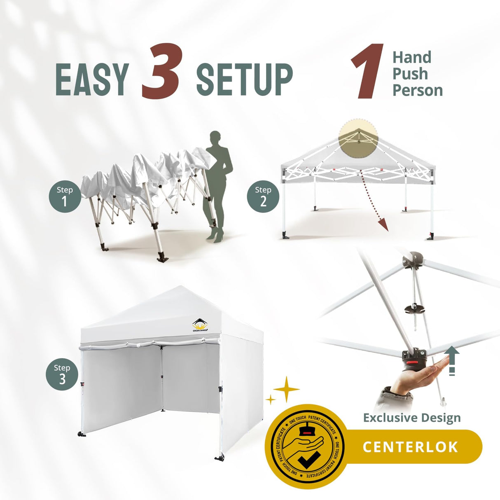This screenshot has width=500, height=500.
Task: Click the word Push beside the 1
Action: (410, 74)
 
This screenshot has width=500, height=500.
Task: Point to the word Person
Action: (417, 91)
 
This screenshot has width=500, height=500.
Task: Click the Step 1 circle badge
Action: (64, 196)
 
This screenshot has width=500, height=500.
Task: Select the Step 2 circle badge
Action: (263, 196)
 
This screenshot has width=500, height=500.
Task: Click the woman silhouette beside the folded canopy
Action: (217, 181)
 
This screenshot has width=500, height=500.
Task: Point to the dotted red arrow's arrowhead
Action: (383, 224)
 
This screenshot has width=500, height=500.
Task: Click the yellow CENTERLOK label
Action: (410, 447)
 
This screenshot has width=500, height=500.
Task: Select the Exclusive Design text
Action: (411, 418)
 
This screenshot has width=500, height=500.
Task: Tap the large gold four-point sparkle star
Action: (287, 388)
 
